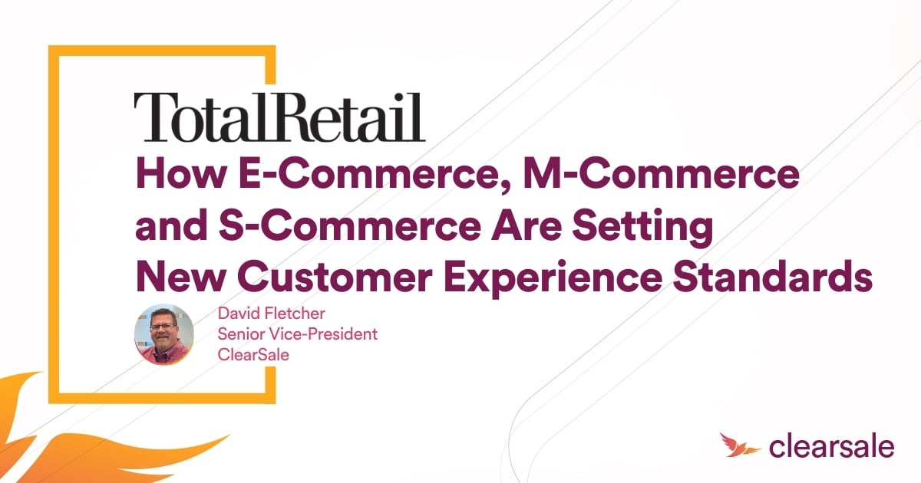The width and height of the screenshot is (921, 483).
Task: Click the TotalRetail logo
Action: (x=279, y=117)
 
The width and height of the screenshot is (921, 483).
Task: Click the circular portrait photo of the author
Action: (x=163, y=335)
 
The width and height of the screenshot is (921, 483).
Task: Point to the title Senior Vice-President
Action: (x=298, y=334)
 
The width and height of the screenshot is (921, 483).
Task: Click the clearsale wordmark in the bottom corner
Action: (x=832, y=446)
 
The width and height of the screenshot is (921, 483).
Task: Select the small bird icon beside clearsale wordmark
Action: (x=738, y=445)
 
